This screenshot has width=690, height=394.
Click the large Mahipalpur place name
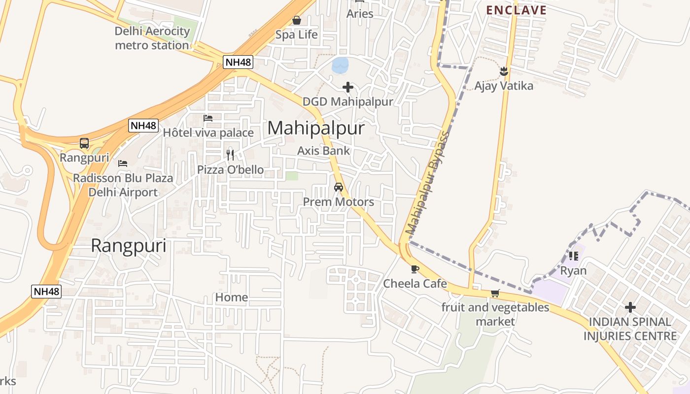point(316,128)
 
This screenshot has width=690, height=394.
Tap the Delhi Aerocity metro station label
point(152,38)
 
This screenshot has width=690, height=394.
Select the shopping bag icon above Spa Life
point(297,20)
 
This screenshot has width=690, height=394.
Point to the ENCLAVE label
point(517,10)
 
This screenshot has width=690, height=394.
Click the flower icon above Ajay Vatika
point(504,72)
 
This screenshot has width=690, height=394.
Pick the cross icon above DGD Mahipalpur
point(348,88)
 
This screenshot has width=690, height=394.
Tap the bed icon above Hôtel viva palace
point(208,118)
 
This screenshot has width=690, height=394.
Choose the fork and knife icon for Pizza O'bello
point(230,155)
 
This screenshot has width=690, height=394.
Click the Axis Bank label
point(324,151)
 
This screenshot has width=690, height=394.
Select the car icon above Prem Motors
point(339,187)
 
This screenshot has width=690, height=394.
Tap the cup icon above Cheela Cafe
point(414,269)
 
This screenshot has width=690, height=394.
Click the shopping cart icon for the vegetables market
point(495,294)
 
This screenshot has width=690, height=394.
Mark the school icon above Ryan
point(573,256)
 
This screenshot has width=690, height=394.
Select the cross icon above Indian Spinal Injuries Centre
point(630,308)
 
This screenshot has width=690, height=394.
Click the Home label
point(232,297)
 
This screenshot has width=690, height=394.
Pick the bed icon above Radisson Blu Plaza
point(123,163)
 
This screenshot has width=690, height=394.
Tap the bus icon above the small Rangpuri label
point(84,143)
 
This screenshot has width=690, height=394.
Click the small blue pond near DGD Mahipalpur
point(340,65)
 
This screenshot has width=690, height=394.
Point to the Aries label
point(360,14)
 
